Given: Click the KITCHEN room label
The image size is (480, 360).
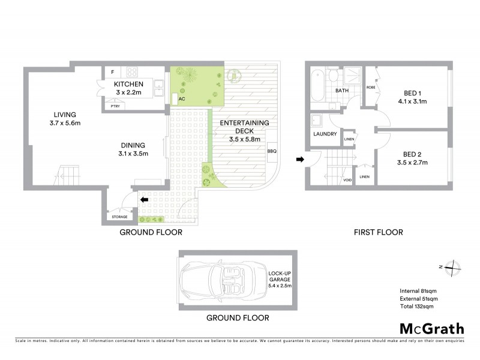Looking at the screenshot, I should (x=129, y=84).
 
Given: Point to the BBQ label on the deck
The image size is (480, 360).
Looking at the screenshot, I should (x=272, y=151).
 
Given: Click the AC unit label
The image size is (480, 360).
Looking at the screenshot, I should (x=181, y=97).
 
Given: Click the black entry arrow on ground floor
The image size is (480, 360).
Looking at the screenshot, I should (x=144, y=200).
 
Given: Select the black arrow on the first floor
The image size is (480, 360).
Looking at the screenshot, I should (x=300, y=159).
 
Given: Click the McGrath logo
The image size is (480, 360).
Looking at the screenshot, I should (x=432, y=328).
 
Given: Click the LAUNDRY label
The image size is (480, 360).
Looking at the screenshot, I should (x=325, y=134).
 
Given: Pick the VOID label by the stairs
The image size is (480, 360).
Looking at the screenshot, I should (x=347, y=180).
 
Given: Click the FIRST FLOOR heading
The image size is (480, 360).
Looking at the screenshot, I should (x=378, y=232).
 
